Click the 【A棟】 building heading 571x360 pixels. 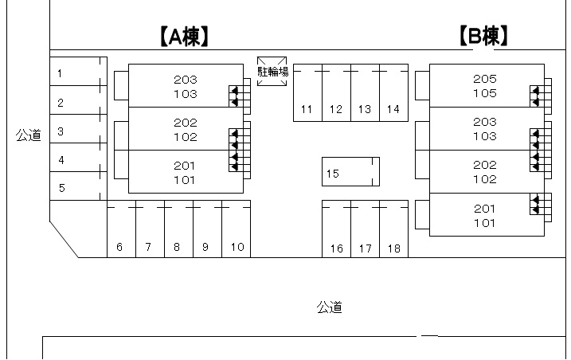[184, 36]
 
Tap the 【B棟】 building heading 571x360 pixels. [483, 36]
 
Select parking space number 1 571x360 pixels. [61, 73]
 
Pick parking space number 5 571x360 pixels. [61, 189]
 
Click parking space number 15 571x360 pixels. [333, 173]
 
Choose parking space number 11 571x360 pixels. [307, 109]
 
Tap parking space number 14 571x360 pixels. [393, 109]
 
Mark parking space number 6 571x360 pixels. [119, 248]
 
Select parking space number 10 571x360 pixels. [237, 248]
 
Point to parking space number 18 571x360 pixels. [393, 248]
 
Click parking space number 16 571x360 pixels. [336, 248]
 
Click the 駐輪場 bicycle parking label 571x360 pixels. [272, 71]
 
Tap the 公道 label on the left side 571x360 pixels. [28, 135]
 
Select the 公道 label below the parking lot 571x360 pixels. [329, 307]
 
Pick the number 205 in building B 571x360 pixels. [484, 79]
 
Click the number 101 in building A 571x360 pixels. [185, 180]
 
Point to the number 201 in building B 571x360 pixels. [484, 209]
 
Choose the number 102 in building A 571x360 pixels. [185, 137]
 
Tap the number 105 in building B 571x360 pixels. [484, 93]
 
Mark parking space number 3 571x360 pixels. [61, 131]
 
